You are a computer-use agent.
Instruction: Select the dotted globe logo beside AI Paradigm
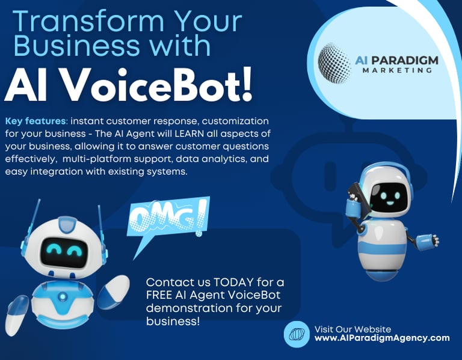[x=334, y=63]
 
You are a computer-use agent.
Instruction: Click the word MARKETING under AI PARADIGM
[x=397, y=70]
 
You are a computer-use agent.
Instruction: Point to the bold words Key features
[x=35, y=121]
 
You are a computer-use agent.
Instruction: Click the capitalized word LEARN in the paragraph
[x=189, y=133]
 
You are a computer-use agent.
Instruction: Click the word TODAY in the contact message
[x=233, y=282]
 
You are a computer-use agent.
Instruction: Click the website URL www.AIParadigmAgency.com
[x=382, y=338]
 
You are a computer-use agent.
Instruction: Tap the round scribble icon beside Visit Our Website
[x=297, y=334]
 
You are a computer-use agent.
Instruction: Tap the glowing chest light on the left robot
[x=62, y=296]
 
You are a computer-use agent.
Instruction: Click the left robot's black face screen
[x=64, y=253]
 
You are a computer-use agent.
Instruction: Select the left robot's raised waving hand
[x=114, y=290]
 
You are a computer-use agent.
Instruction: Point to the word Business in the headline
[x=76, y=45]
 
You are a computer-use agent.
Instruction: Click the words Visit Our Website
[x=353, y=329]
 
